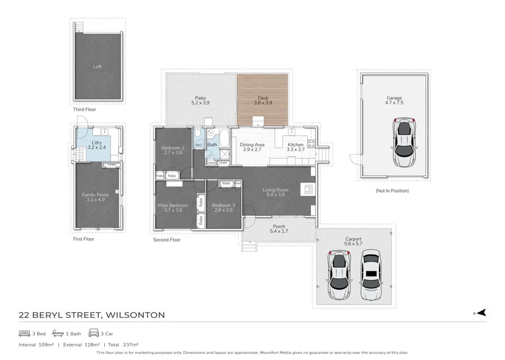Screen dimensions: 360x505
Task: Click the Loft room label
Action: pyautogui.click(x=98, y=67)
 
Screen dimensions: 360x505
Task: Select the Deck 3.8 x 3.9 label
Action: pyautogui.click(x=263, y=101)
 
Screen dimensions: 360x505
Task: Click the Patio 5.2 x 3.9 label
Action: pyautogui.click(x=200, y=101)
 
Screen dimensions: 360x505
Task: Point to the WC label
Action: pyautogui.click(x=199, y=145)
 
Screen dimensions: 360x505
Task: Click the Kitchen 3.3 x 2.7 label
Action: pyautogui.click(x=295, y=147)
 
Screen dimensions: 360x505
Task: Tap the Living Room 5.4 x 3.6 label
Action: pyautogui.click(x=275, y=193)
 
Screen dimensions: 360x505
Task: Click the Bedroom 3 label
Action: pyautogui.click(x=223, y=208)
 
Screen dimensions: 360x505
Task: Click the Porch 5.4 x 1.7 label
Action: pyautogui.click(x=278, y=229)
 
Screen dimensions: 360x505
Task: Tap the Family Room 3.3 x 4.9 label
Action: pyautogui.click(x=95, y=197)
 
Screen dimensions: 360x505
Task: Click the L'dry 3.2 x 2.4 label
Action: pyautogui.click(x=97, y=145)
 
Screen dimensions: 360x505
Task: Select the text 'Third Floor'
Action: pyautogui.click(x=84, y=110)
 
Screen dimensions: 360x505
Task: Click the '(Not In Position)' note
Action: pyautogui.click(x=392, y=191)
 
